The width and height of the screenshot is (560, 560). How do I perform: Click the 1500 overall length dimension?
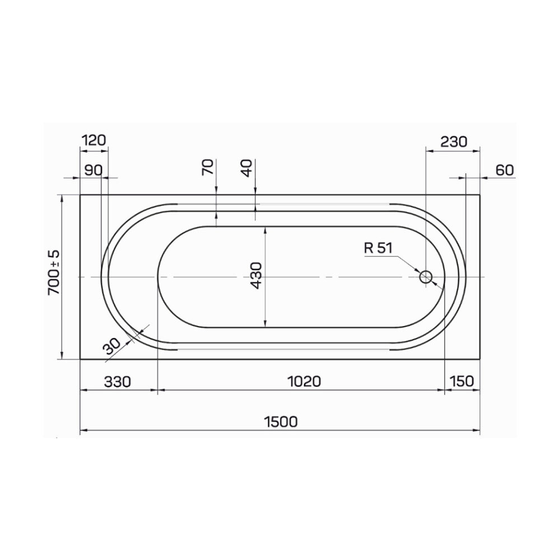pyautogui.click(x=281, y=422)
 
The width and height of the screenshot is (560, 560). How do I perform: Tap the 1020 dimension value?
pyautogui.click(x=304, y=381)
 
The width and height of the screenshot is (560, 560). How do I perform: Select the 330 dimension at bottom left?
pyautogui.click(x=118, y=382)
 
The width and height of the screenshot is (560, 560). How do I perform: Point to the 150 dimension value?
pyautogui.click(x=462, y=381)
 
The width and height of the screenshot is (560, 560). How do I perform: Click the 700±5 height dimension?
pyautogui.click(x=54, y=272)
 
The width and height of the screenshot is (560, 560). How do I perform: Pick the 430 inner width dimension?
pyautogui.click(x=256, y=276)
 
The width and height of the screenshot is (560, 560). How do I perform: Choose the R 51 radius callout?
pyautogui.click(x=378, y=248)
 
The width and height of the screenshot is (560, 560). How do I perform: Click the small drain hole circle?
pyautogui.click(x=426, y=277)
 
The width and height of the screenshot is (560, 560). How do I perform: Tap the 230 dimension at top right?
pyautogui.click(x=454, y=142)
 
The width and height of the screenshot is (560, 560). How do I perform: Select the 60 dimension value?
pyautogui.click(x=505, y=170)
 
